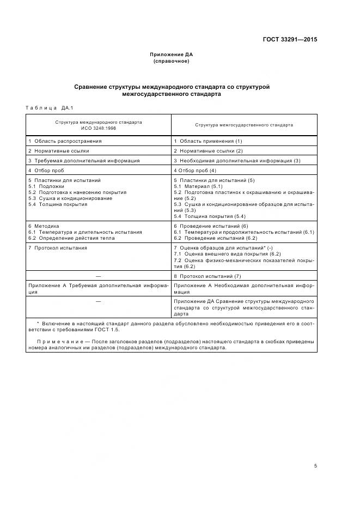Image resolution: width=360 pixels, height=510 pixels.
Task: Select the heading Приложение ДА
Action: coord(172,54)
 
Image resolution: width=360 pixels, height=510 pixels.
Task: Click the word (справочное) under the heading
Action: coord(172,61)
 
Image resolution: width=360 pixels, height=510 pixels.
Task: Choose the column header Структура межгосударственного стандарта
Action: coord(243,125)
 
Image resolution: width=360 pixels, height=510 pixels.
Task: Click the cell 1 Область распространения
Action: coord(65,141)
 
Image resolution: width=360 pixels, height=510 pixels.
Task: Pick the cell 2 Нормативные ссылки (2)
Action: coord(208,151)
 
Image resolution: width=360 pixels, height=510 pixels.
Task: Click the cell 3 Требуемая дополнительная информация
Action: coord(84,161)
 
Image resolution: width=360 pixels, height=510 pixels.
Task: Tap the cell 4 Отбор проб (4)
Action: coord(195,171)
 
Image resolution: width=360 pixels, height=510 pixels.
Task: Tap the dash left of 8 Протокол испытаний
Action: coord(99,276)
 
